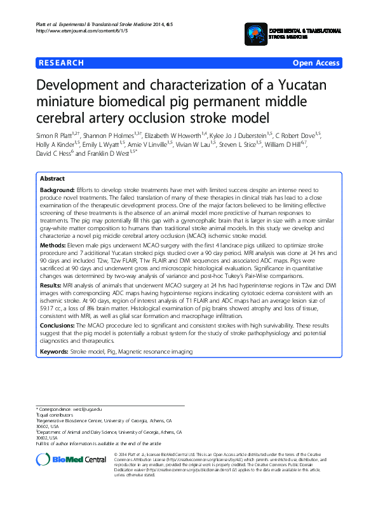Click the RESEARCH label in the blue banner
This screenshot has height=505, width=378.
61,63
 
